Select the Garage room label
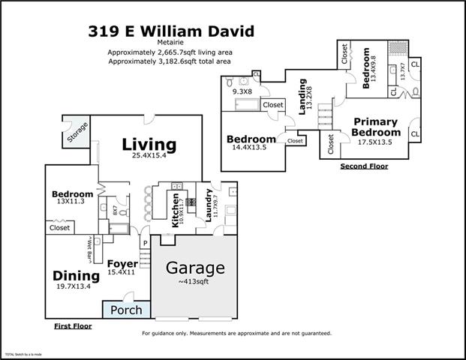(x=195, y=268)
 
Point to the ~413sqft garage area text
(x=195, y=282)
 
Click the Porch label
(x=126, y=310)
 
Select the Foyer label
(x=121, y=263)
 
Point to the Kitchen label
(x=176, y=213)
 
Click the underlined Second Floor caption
(x=364, y=166)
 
